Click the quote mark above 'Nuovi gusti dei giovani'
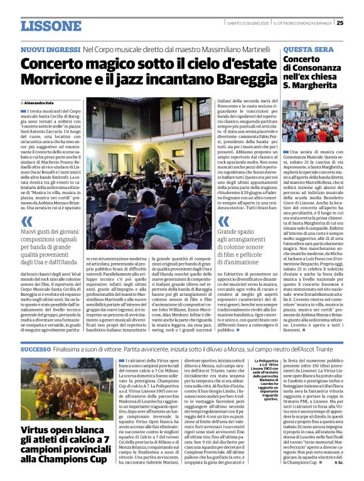click(x=26, y=221)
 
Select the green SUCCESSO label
click(x=35, y=349)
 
